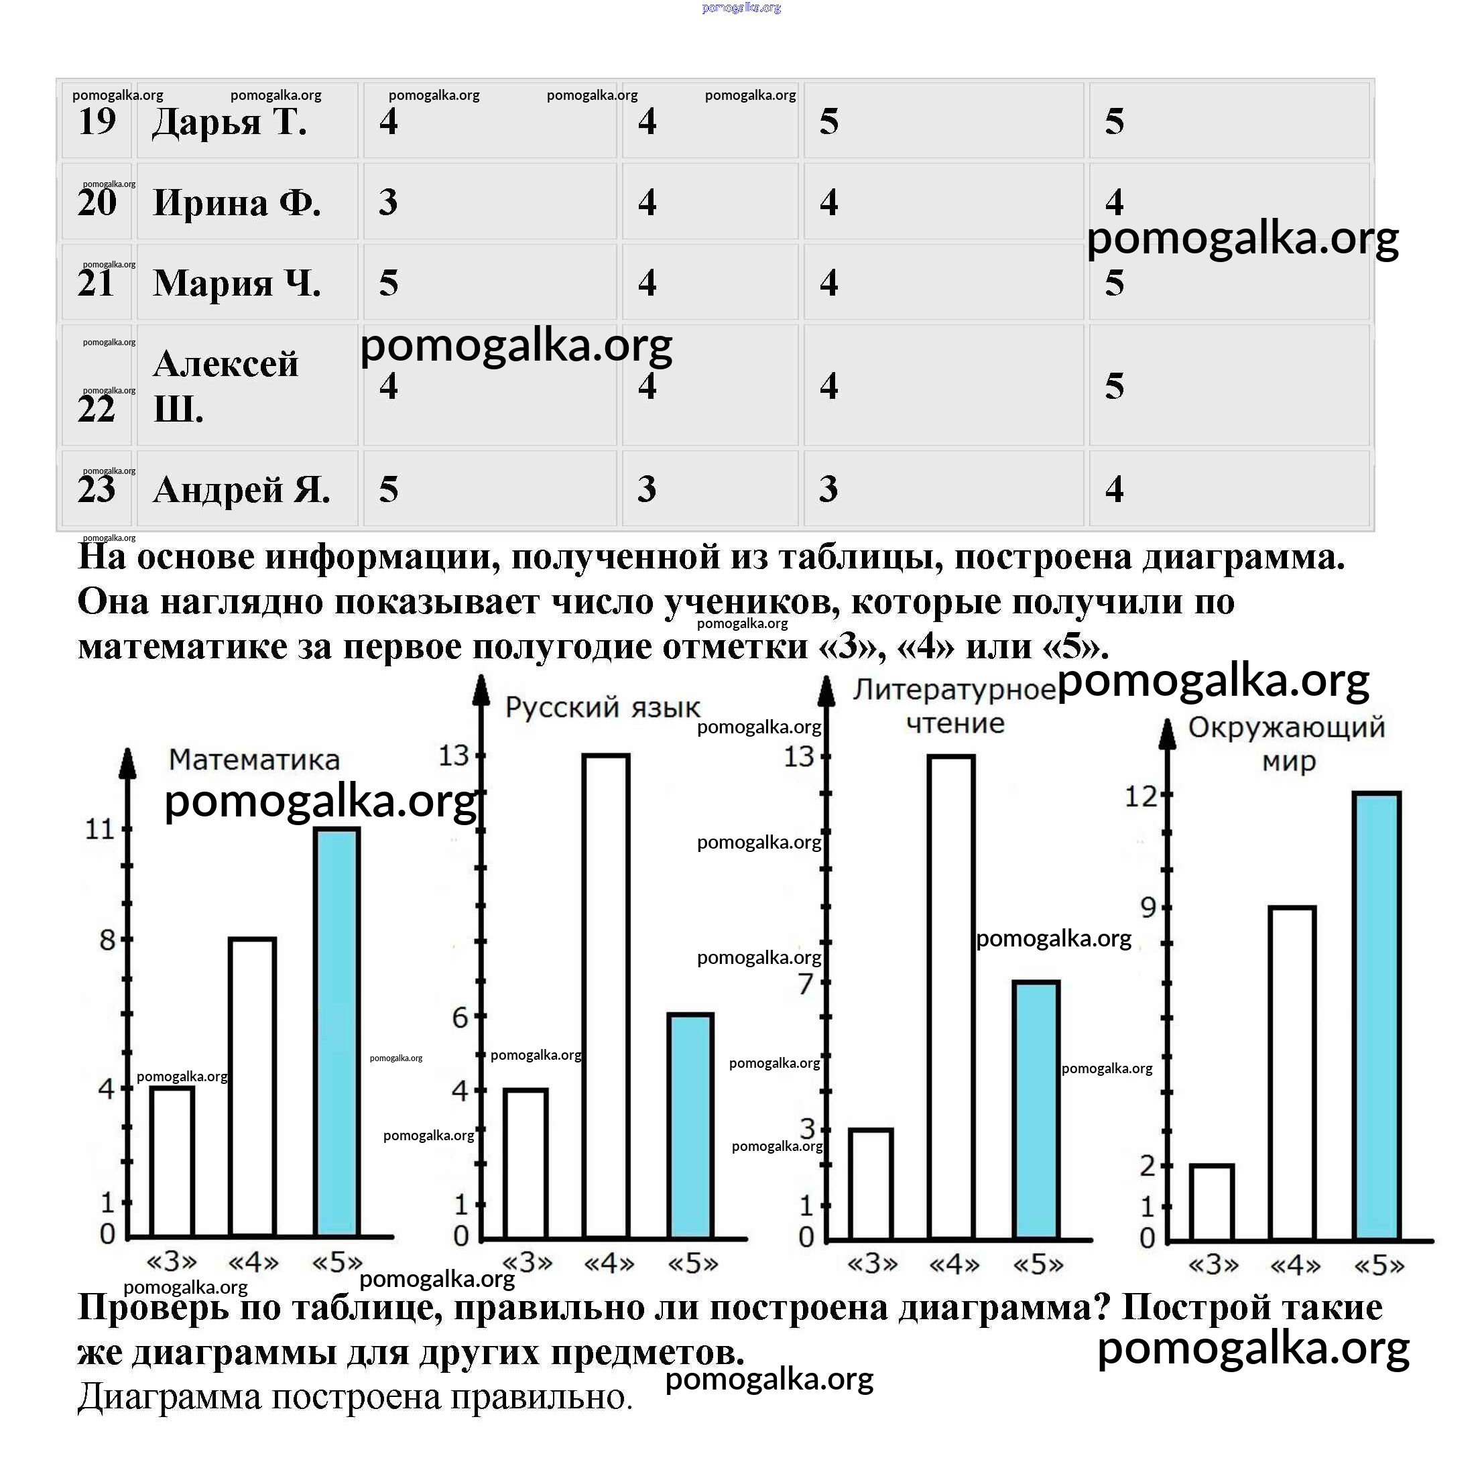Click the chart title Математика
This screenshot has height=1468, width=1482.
pyautogui.click(x=254, y=759)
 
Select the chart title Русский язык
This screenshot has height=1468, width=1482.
pyautogui.click(x=602, y=707)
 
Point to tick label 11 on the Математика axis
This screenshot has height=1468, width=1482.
pyautogui.click(x=99, y=829)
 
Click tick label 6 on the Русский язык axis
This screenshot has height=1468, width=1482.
pyautogui.click(x=460, y=1018)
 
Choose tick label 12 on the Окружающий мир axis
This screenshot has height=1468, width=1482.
pyautogui.click(x=1140, y=797)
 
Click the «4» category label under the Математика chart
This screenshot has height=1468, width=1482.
pyautogui.click(x=254, y=1262)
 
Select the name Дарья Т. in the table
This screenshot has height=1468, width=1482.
pyautogui.click(x=229, y=121)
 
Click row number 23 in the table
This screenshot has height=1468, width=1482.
pyautogui.click(x=97, y=489)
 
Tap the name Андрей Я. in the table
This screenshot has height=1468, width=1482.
pyautogui.click(x=241, y=489)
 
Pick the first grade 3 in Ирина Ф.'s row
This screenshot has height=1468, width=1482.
pyautogui.click(x=388, y=202)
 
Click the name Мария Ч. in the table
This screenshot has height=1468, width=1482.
pyautogui.click(x=236, y=283)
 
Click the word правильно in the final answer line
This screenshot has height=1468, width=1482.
pyautogui.click(x=540, y=1397)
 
